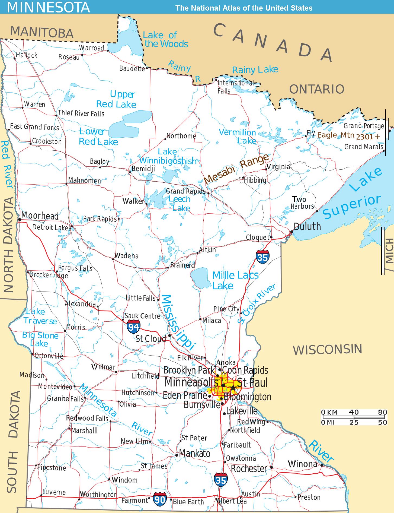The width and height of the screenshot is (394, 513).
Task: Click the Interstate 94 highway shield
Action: pos(133,327)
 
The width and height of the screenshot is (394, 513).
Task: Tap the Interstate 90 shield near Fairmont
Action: pos(159,499)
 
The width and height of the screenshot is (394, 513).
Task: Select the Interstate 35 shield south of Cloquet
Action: pos(262,257)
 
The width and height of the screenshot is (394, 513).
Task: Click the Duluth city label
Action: pos(307,226)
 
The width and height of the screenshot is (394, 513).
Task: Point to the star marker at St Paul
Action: pos(233,387)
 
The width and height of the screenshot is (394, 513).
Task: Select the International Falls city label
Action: pos(235,87)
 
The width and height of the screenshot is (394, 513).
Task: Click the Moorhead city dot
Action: pos(20,220)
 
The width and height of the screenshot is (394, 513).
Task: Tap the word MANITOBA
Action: pos(42,32)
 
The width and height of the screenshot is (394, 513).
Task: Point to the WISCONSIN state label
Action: pos(327,349)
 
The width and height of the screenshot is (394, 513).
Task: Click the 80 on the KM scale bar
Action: pos(382,412)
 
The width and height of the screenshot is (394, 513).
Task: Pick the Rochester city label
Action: pos(249,469)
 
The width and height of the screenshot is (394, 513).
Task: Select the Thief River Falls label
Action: pos(81,113)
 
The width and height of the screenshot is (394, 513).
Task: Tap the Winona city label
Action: pos(302,464)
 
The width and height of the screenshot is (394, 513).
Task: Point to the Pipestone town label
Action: pos(52,468)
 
